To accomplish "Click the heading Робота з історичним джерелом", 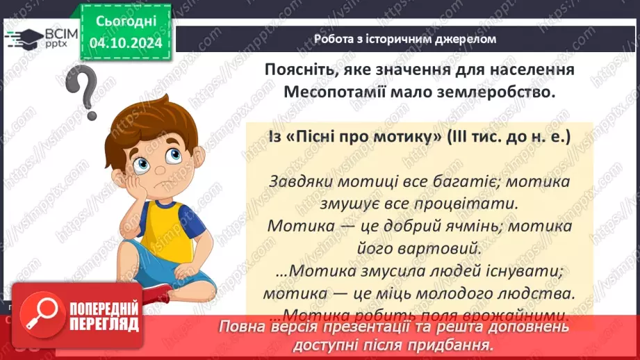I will click(405, 39).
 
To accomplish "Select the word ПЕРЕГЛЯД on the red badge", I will click(102, 325).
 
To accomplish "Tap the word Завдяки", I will click(301, 182).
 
